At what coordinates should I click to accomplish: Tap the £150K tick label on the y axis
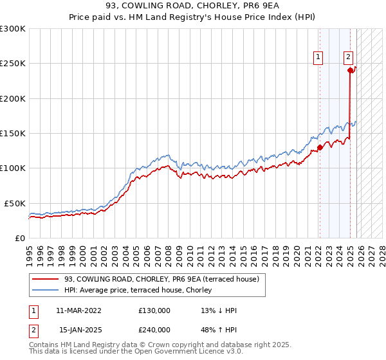pos(13,133)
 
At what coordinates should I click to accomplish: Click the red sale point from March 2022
pos(320,147)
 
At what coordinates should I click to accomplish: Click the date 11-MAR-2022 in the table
pos(78,310)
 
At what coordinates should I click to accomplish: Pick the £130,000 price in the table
pos(154,310)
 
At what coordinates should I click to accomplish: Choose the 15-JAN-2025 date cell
pos(80,330)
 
